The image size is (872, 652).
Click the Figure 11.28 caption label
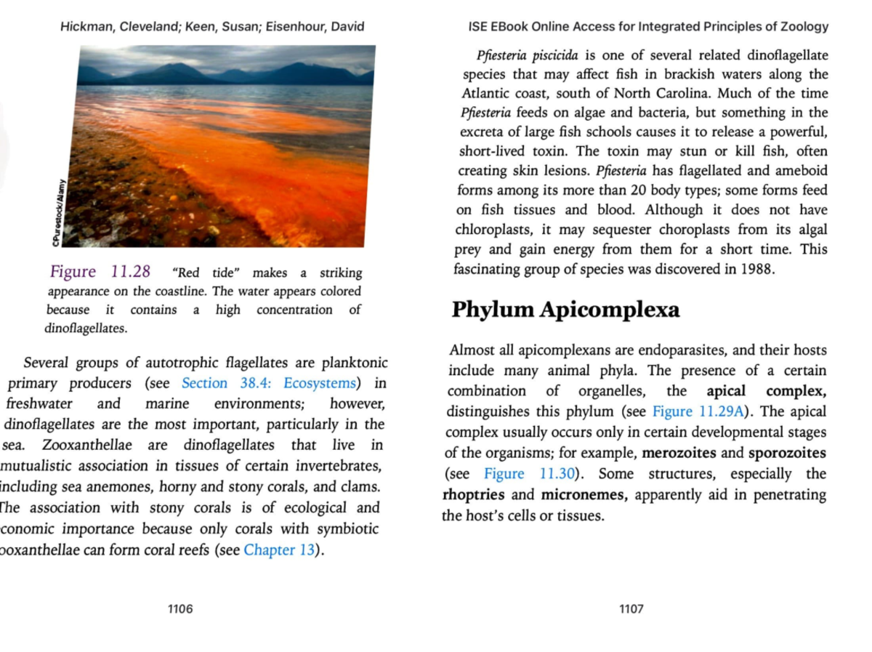coord(100,272)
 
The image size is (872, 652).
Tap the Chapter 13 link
coord(280,550)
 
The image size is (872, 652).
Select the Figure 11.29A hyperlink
coord(699,411)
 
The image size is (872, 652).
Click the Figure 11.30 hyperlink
coord(529,474)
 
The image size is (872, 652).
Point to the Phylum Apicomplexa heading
coord(565,310)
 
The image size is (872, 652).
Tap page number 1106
coord(180,609)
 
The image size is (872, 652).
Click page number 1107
coord(631,609)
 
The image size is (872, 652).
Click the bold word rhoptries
coord(472,495)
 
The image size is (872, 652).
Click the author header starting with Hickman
coord(212,27)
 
